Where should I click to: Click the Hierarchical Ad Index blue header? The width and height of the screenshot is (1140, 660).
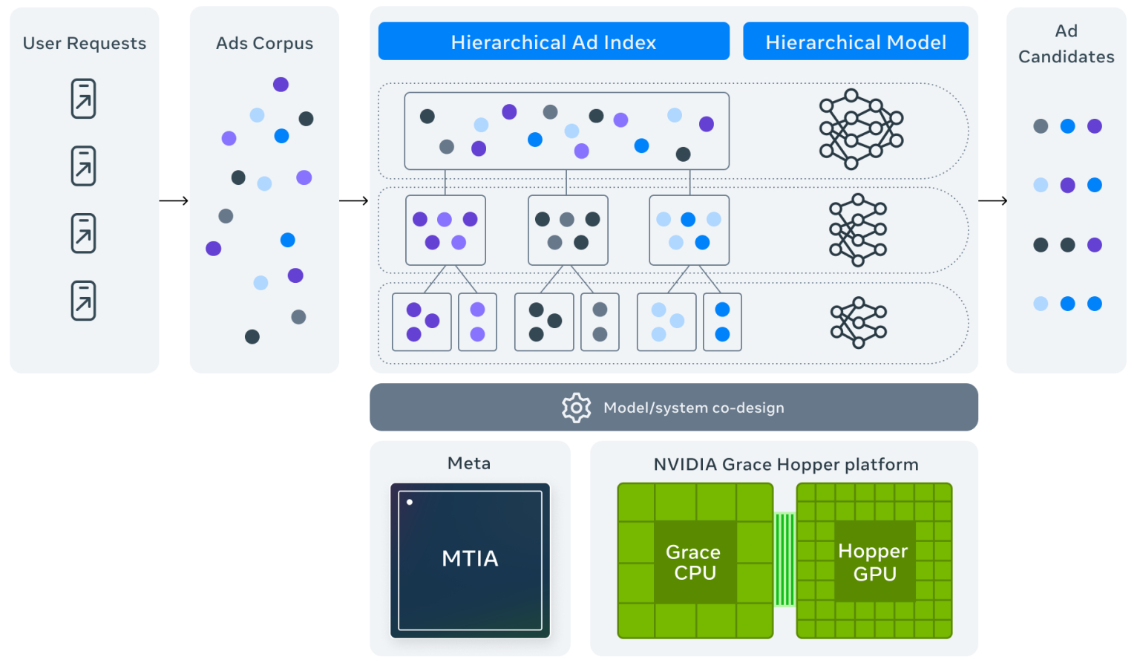[554, 42]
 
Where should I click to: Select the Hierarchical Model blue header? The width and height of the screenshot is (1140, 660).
[856, 42]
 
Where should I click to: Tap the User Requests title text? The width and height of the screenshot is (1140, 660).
[85, 43]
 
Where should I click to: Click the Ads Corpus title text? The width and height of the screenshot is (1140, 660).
[264, 43]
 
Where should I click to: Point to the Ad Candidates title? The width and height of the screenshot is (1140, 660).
[1066, 44]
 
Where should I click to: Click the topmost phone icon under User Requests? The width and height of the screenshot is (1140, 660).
[84, 99]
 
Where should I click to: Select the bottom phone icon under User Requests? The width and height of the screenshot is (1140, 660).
[84, 301]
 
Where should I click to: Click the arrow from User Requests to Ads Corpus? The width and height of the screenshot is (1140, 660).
[174, 200]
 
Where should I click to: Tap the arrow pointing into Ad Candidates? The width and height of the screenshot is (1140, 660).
[993, 200]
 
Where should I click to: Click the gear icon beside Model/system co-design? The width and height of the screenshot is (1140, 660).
[577, 408]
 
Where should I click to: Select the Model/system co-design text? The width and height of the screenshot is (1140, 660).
[693, 408]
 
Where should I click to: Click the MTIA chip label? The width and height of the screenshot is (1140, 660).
[470, 558]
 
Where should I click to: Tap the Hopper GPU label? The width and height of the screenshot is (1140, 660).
[874, 562]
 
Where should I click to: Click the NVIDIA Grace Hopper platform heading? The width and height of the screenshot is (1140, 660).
[786, 465]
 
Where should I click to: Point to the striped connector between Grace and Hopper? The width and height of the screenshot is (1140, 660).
[784, 559]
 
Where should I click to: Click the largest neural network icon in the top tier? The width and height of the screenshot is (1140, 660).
[861, 129]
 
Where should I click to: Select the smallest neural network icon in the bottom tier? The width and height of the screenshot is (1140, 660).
[859, 322]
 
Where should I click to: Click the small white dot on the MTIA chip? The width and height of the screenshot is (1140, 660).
[410, 502]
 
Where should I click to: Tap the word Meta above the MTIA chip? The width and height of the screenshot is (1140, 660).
[469, 463]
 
